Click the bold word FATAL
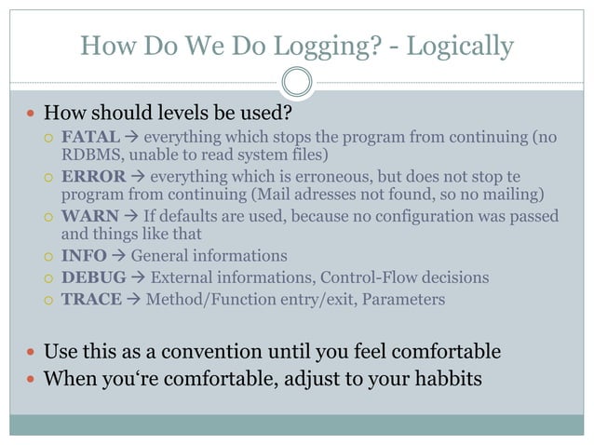[x=90, y=138]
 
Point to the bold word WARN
[x=89, y=216]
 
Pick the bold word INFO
[x=84, y=255]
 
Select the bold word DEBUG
[x=92, y=277]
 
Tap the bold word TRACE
[x=90, y=300]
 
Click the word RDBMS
[x=88, y=155]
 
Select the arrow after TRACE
[x=132, y=300]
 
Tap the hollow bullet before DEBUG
[x=50, y=277]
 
